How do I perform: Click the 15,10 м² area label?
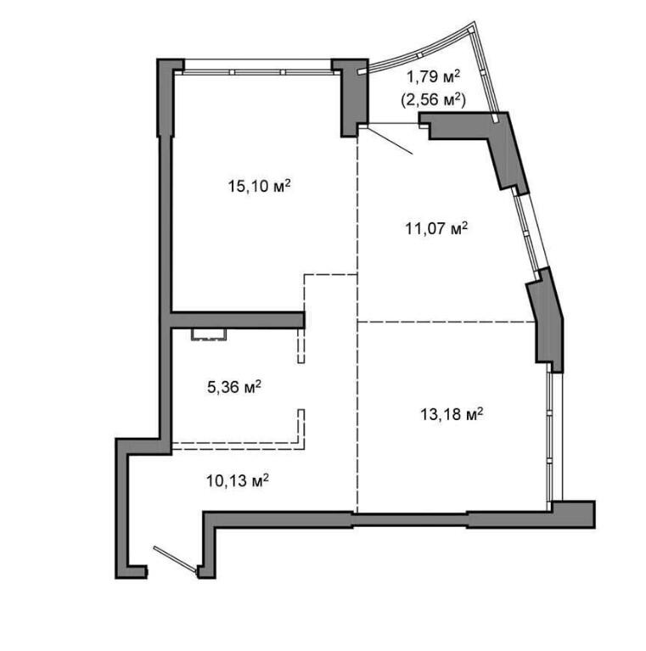click(x=259, y=186)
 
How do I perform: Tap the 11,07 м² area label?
click(x=436, y=228)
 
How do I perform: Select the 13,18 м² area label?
click(x=452, y=414)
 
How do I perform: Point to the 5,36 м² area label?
click(x=234, y=387)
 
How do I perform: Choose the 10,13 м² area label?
click(x=238, y=480)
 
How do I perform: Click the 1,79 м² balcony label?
click(x=434, y=76)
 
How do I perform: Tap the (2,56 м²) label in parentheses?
click(x=434, y=99)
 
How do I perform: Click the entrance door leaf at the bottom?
click(x=175, y=560)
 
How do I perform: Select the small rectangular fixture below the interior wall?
click(x=209, y=334)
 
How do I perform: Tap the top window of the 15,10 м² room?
click(x=258, y=71)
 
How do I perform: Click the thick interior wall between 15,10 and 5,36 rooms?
click(x=238, y=320)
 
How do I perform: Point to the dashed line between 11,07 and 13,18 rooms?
click(x=447, y=322)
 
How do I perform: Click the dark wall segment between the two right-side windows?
click(x=546, y=320)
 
